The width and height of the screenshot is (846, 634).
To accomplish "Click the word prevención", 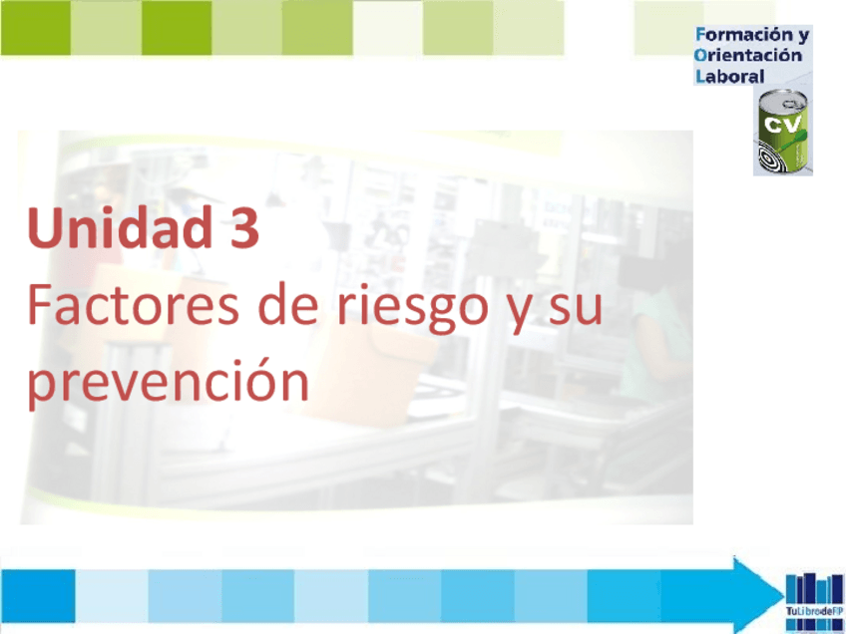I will pos(168,384).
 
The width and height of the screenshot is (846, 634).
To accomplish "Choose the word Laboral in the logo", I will pos(729,76).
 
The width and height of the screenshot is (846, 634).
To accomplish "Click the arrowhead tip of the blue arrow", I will pos(770,594).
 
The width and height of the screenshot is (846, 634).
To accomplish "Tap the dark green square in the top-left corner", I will pos(35,28).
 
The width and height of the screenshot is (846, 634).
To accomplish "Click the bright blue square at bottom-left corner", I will pos(38,595).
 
